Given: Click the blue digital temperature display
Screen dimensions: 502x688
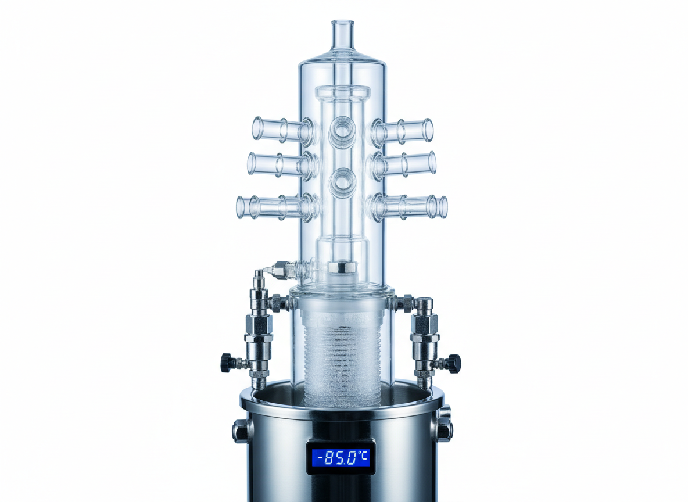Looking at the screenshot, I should (341, 457).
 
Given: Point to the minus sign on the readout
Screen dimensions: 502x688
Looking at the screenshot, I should (318, 458).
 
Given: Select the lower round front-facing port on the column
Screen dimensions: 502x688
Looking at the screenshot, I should (342, 181).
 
